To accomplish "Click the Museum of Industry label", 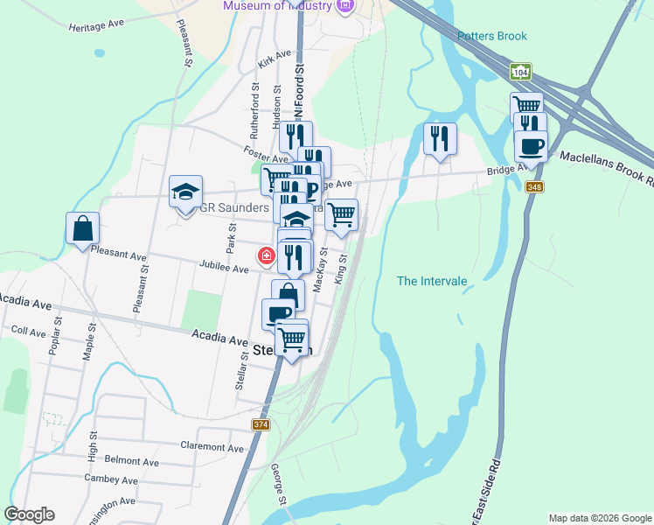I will click(278, 5).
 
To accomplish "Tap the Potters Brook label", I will click(492, 36).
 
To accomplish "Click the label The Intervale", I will click(432, 281).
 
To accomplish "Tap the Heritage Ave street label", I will click(98, 25).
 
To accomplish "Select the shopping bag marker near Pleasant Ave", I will click(81, 229).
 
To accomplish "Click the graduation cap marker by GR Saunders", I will click(185, 193).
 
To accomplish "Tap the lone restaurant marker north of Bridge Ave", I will click(440, 138).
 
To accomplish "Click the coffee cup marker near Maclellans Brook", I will click(531, 144).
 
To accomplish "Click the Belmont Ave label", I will click(131, 460).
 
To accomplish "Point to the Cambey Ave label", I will click(111, 479).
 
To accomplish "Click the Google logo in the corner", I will click(29, 514).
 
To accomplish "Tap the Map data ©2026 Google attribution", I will click(600, 518).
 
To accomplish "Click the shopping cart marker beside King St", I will click(341, 213).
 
